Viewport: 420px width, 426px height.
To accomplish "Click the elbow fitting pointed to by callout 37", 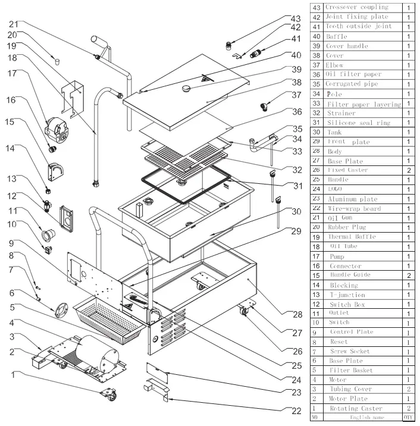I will pyautogui.click(x=264, y=107).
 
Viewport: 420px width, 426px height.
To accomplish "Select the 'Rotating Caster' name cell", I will pyautogui.click(x=355, y=408).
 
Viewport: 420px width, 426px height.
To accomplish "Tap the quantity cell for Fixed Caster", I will pyautogui.click(x=409, y=170).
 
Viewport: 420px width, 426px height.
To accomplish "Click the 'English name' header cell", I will pyautogui.click(x=355, y=418).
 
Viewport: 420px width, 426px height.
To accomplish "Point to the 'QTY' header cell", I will pyautogui.click(x=409, y=418).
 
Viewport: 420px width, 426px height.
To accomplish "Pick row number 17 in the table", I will pyautogui.click(x=316, y=256).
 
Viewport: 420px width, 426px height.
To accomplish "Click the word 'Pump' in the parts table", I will pyautogui.click(x=337, y=256).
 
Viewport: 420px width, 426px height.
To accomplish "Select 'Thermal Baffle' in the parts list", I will pyautogui.click(x=350, y=237).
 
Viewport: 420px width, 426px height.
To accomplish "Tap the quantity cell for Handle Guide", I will pyautogui.click(x=409, y=275).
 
